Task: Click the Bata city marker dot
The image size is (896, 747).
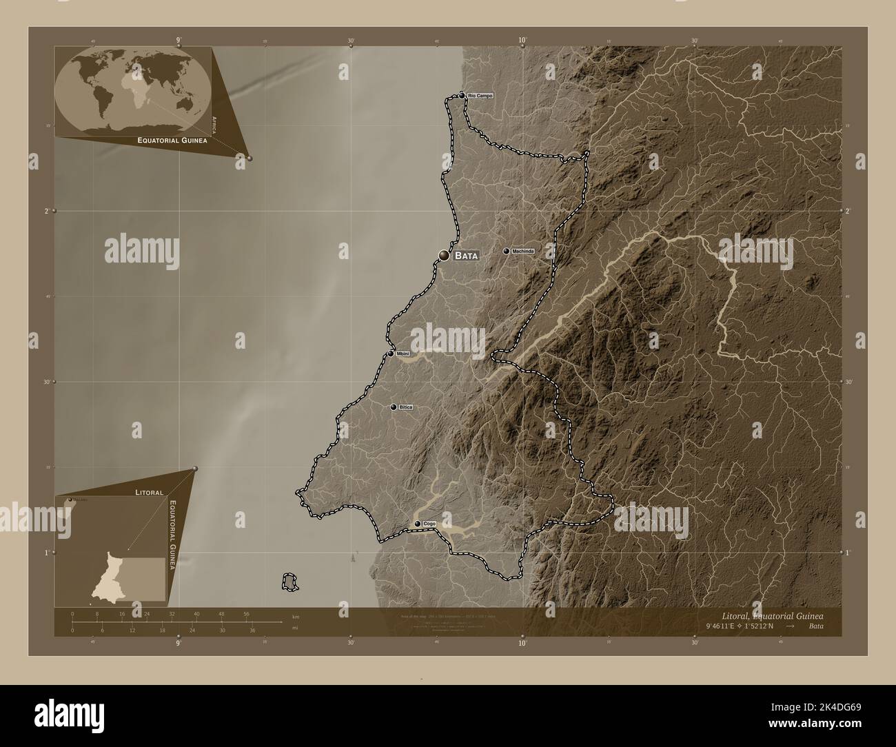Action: click(x=444, y=256)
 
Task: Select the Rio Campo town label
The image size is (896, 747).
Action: click(x=480, y=95)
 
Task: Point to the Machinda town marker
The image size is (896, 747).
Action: click(x=507, y=251)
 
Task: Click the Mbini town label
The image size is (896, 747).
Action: click(x=403, y=354)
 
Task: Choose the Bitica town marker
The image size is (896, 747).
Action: click(x=394, y=407)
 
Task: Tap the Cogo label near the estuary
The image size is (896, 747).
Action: click(x=429, y=524)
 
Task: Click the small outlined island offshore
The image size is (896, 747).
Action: click(x=290, y=582)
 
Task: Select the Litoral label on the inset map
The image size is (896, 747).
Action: click(x=149, y=493)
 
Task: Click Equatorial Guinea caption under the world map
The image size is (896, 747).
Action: click(x=172, y=140)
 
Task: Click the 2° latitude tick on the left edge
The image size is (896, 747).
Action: click(x=47, y=211)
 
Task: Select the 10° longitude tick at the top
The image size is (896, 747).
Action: click(x=522, y=41)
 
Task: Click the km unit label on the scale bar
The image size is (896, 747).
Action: click(x=296, y=616)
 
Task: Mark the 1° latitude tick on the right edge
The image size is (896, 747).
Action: click(x=848, y=552)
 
